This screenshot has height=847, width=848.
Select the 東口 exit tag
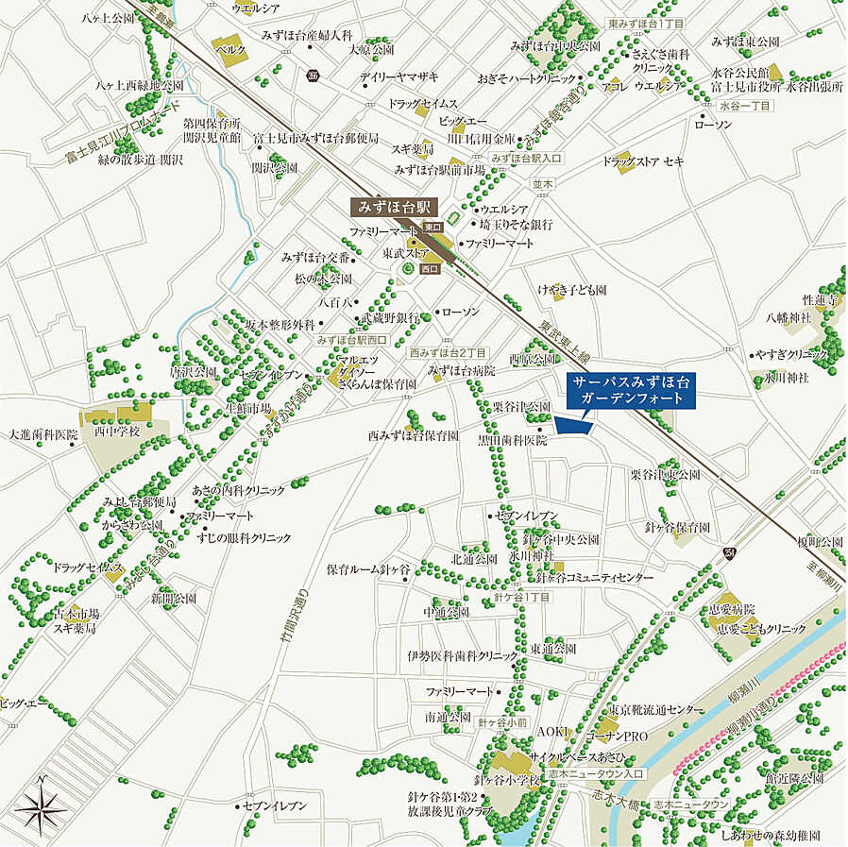point(432,228)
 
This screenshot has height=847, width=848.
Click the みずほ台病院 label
point(462,370)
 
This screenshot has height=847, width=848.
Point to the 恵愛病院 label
point(738,609)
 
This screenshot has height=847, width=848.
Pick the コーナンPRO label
point(618,734)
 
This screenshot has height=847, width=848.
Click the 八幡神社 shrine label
point(789,318)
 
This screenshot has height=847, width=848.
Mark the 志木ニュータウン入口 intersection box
point(605,774)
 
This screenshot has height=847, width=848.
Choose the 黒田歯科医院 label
point(512,440)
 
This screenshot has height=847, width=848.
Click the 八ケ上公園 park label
point(109,16)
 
